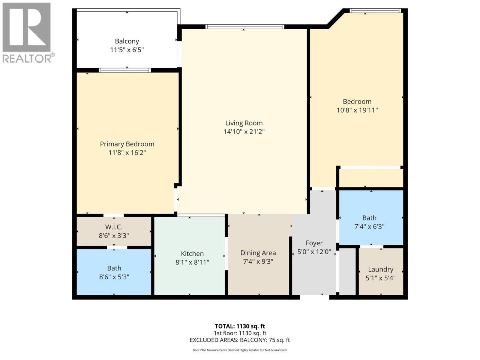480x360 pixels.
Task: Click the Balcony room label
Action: (127, 41)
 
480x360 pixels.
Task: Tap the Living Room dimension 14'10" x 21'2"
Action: (244, 132)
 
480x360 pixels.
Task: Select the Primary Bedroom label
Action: (127, 144)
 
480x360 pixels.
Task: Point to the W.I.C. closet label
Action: (114, 227)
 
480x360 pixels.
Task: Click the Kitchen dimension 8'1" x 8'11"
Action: (192, 262)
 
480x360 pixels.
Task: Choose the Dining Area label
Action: (258, 253)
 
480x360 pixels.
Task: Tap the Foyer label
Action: (314, 243)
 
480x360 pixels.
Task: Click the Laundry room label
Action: (381, 269)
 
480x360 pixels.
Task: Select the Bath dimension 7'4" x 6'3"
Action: (369, 226)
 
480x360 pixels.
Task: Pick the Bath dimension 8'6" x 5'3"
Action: (114, 277)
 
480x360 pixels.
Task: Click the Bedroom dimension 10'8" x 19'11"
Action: (357, 110)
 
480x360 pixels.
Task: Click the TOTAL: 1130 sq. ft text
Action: (240, 326)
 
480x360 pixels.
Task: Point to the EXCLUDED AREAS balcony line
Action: (240, 340)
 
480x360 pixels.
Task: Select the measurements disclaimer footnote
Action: (240, 350)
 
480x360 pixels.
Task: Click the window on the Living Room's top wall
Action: (245, 27)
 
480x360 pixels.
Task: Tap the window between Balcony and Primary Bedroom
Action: (124, 70)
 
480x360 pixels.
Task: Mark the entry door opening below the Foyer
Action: (315, 297)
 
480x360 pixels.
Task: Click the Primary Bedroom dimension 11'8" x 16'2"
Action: (127, 153)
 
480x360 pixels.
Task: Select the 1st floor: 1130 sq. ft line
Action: (240, 333)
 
